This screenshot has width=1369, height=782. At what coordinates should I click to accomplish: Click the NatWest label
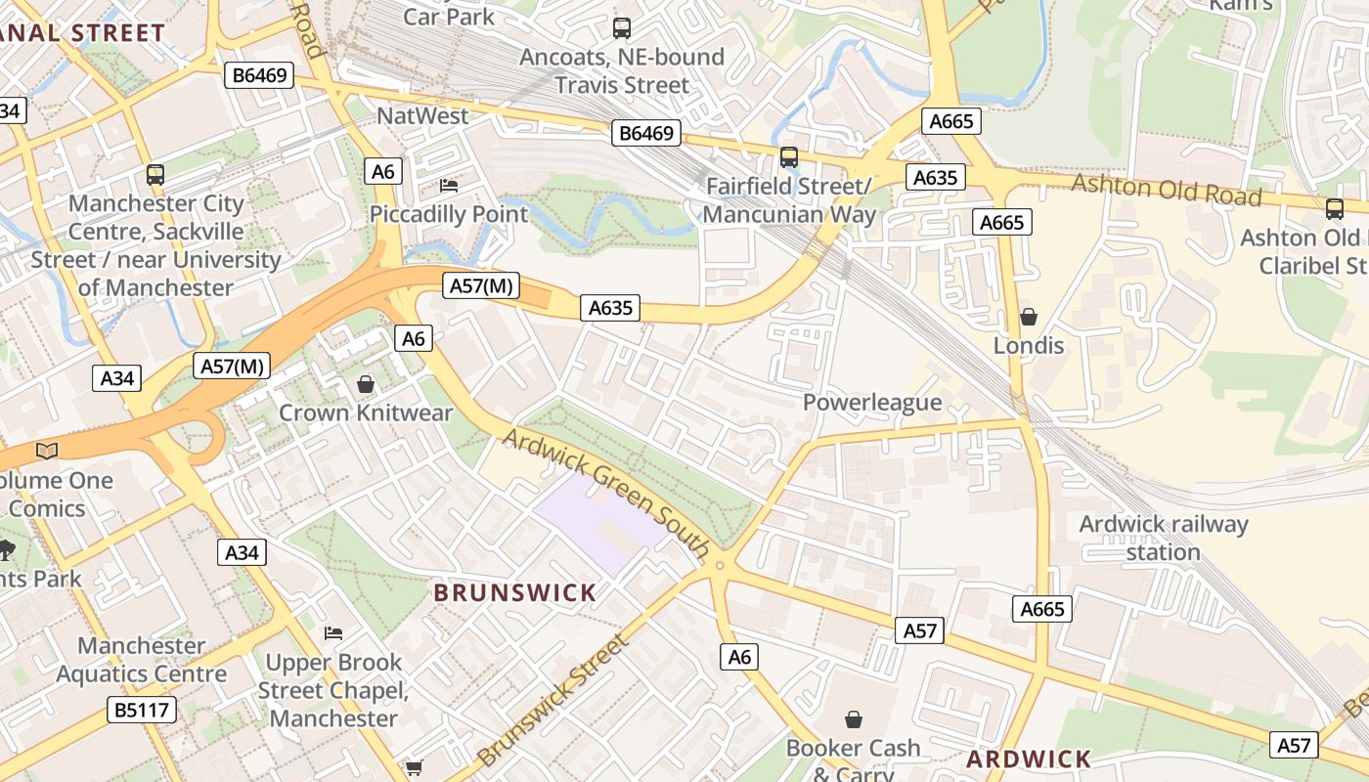tap(422, 115)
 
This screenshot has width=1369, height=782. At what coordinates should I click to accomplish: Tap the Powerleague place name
tap(872, 403)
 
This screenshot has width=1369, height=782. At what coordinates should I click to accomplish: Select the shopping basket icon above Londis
tap(1028, 317)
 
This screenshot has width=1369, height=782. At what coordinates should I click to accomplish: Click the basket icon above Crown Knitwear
tap(366, 384)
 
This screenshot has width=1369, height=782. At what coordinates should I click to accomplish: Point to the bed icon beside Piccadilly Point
tap(449, 185)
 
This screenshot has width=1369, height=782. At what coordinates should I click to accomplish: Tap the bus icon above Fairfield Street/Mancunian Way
tap(788, 156)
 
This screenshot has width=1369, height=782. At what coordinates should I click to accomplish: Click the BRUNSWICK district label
tap(514, 592)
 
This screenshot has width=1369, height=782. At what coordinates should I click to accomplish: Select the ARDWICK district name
tap(1029, 760)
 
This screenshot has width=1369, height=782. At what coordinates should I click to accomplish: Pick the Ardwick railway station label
tap(1163, 538)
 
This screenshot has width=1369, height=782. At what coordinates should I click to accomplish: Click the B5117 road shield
tap(143, 710)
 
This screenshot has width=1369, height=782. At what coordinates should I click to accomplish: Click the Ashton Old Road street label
tap(1167, 189)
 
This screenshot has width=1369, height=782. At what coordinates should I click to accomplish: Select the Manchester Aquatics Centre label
tap(141, 660)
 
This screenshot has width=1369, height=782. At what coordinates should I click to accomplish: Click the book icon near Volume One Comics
tap(46, 451)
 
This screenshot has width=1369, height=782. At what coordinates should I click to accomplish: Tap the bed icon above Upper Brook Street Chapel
tap(333, 633)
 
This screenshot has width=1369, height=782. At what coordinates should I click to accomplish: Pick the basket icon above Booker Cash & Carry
tap(853, 719)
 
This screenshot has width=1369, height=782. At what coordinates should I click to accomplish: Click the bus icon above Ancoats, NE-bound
tap(621, 28)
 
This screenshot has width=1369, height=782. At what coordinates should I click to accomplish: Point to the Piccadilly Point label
tap(449, 214)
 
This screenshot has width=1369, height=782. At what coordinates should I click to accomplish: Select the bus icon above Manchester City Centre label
tap(155, 175)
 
